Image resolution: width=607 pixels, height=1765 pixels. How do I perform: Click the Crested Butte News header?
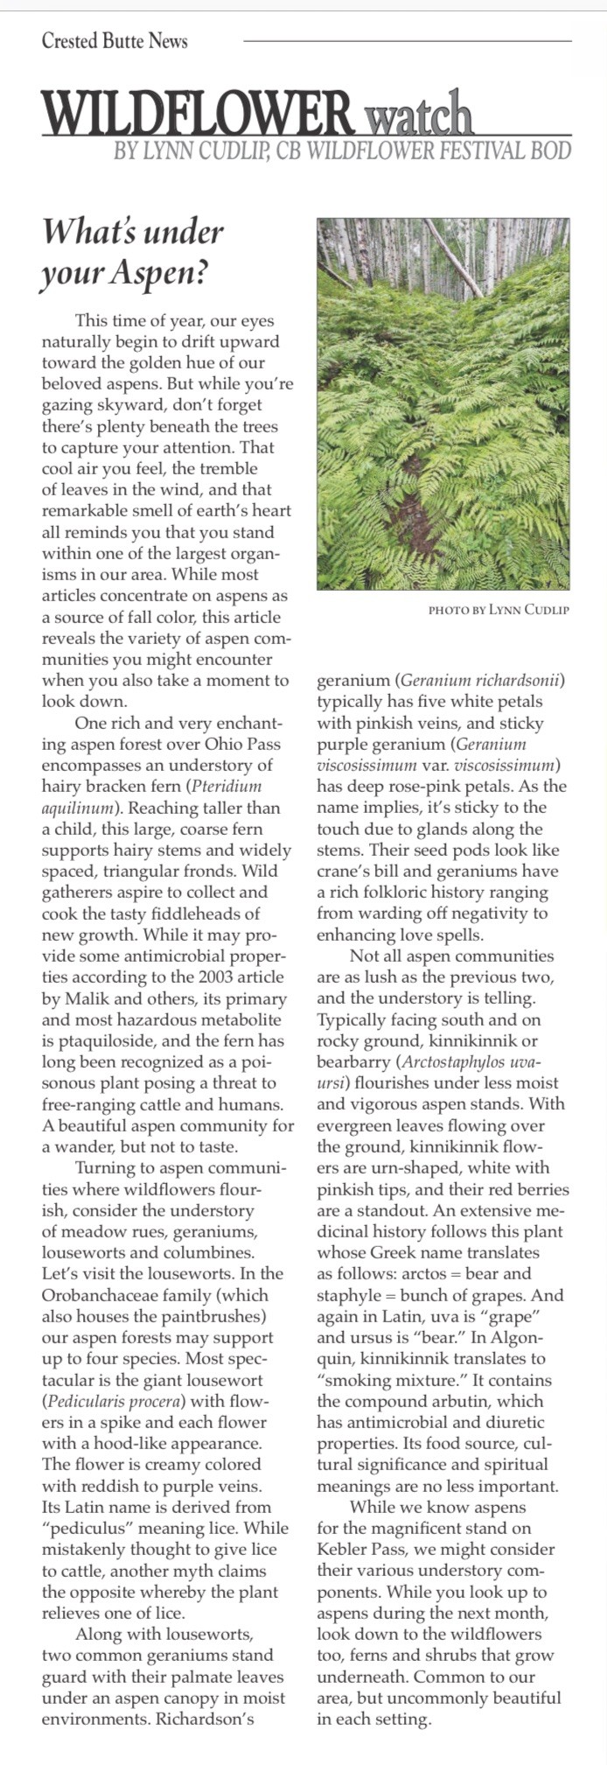pos(115,40)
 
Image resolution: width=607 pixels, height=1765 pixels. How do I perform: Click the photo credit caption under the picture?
pos(499,610)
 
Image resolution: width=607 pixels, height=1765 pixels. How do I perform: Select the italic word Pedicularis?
pos(89,1401)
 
